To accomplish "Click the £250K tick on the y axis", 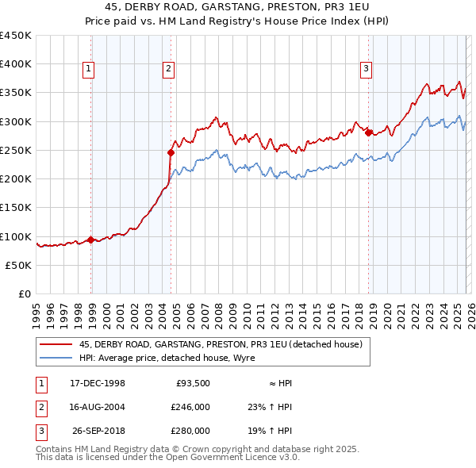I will pyautogui.click(x=16, y=150).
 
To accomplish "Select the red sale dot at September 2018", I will pyautogui.click(x=369, y=132).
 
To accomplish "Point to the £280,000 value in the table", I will pyautogui.click(x=190, y=431).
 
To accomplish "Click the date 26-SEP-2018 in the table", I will pyautogui.click(x=98, y=431).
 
